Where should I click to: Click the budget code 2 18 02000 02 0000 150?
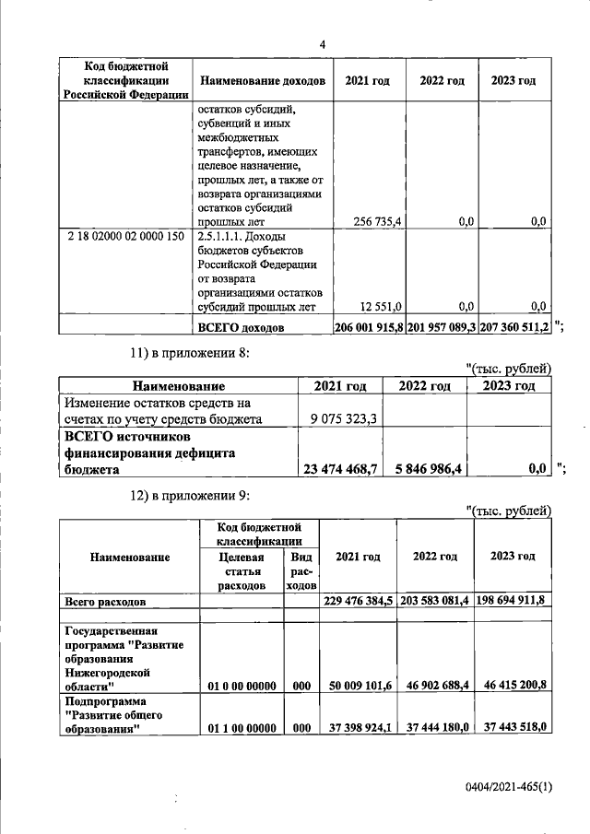tap(124, 237)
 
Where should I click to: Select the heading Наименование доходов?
tap(262, 81)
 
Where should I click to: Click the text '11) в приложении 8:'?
tap(187, 353)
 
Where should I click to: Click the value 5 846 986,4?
tap(423, 469)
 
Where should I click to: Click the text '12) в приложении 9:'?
tap(187, 496)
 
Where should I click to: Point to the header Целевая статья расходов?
tap(243, 571)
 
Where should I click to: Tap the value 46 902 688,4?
tap(436, 686)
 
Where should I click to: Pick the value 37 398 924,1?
tap(359, 728)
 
